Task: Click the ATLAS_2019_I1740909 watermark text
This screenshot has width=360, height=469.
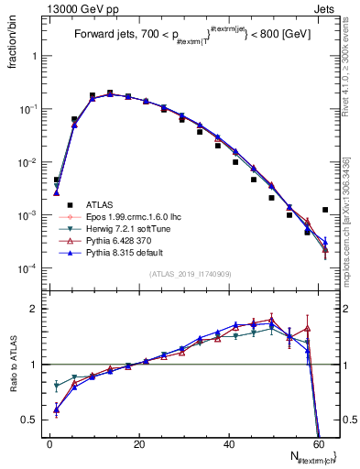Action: point(191,274)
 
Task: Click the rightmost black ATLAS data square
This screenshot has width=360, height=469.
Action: point(325,210)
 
